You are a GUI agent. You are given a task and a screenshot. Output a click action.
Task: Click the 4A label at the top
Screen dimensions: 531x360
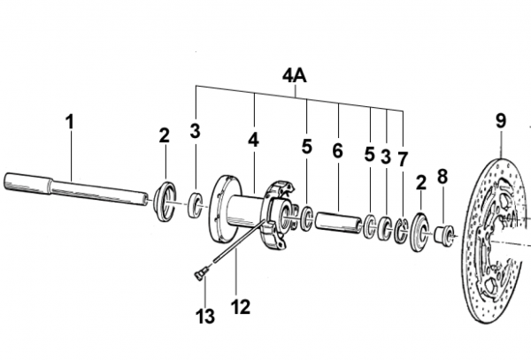(x=295, y=76)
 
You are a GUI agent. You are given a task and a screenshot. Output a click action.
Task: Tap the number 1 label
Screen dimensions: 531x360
(x=69, y=122)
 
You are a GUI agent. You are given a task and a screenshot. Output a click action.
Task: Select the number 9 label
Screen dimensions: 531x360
(x=501, y=121)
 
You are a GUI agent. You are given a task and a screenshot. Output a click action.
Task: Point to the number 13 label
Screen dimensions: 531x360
(x=205, y=317)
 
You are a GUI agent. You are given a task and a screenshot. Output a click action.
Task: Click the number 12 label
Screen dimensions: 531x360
(x=241, y=307)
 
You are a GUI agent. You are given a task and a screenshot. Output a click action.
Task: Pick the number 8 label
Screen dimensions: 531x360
(x=442, y=176)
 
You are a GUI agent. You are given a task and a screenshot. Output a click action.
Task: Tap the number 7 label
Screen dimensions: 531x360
(x=402, y=159)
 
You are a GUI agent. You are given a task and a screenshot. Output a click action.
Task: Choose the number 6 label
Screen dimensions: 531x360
(x=337, y=150)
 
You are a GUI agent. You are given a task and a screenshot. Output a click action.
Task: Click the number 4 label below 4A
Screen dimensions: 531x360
(x=253, y=140)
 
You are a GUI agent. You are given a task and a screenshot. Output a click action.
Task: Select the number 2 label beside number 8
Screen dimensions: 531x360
(x=420, y=183)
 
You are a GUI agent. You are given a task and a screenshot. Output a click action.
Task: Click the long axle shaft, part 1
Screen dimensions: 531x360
(x=76, y=189)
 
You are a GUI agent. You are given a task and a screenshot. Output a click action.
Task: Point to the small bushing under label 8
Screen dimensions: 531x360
(x=444, y=234)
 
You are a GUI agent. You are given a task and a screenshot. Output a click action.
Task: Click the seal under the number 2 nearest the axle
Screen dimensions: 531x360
(x=165, y=202)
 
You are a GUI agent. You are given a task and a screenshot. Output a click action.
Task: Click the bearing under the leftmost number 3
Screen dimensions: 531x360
(x=196, y=205)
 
